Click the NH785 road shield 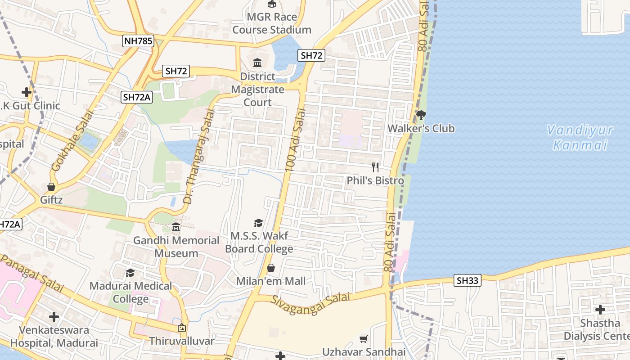pyautogui.click(x=138, y=41)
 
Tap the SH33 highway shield pyautogui.click(x=468, y=281)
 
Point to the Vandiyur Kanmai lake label pyautogui.click(x=580, y=138)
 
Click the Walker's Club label pyautogui.click(x=421, y=129)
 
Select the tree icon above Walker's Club pyautogui.click(x=421, y=115)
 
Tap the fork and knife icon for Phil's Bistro pyautogui.click(x=375, y=168)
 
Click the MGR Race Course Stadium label pyautogui.click(x=272, y=23)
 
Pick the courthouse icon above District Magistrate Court pyautogui.click(x=257, y=63)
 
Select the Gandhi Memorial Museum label pyautogui.click(x=176, y=247)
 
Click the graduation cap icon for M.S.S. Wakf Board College pyautogui.click(x=258, y=222)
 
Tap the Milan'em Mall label pyautogui.click(x=271, y=281)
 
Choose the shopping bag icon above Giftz pyautogui.click(x=51, y=186)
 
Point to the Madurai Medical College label pyautogui.click(x=130, y=292)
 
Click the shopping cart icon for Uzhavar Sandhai pyautogui.click(x=364, y=339)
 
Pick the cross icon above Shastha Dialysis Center pyautogui.click(x=600, y=310)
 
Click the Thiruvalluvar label pyautogui.click(x=182, y=341)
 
